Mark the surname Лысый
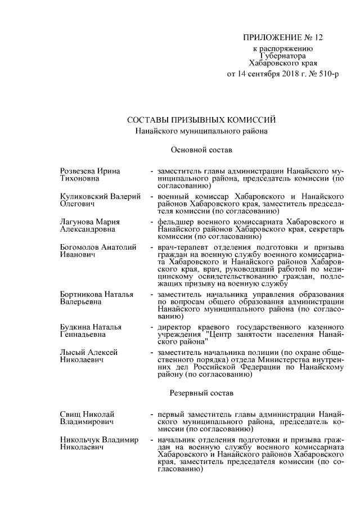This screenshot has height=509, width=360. click(71, 352)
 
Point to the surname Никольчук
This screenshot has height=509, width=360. click(81, 439)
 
